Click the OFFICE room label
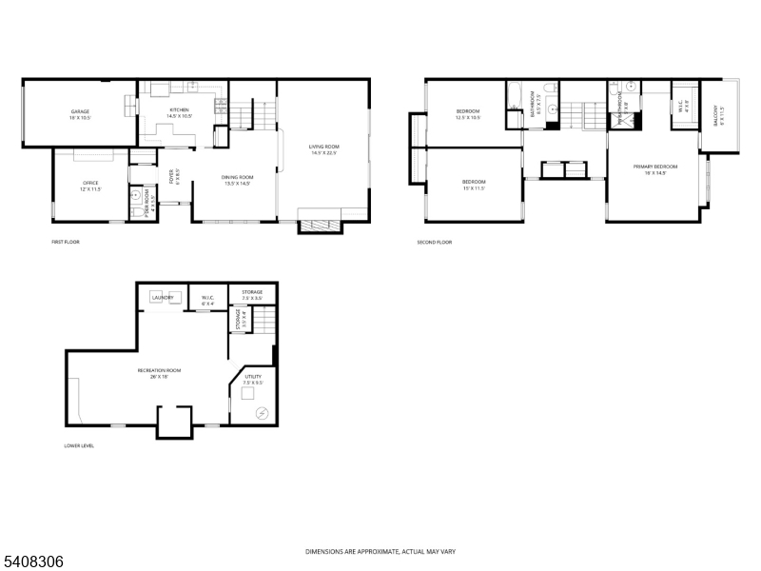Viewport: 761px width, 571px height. [90, 185]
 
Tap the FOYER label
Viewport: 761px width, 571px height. [173, 176]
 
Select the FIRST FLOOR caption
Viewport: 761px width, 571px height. [66, 243]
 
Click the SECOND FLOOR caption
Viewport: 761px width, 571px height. [434, 243]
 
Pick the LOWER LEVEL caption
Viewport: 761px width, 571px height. [80, 445]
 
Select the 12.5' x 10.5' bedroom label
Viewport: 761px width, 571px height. [467, 114]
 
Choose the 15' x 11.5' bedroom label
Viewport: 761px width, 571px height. [474, 184]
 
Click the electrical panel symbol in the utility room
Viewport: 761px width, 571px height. [263, 411]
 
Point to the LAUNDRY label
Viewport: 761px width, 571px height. [163, 297]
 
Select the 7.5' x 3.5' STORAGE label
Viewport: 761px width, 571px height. [252, 295]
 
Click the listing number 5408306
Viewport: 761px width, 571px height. [33, 561]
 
